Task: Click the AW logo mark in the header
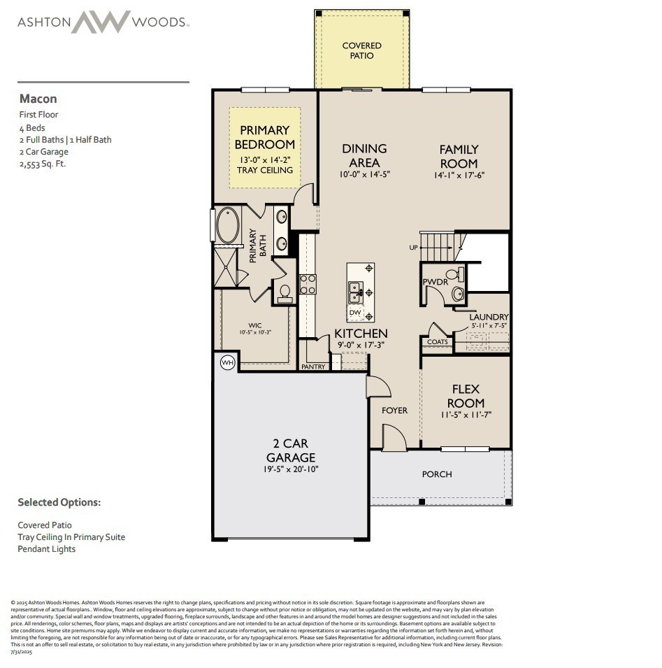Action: pyautogui.click(x=101, y=22)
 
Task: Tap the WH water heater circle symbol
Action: pyautogui.click(x=227, y=362)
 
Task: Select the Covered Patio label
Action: pyautogui.click(x=362, y=50)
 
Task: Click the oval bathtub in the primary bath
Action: pyautogui.click(x=228, y=225)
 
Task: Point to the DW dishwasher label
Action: pyautogui.click(x=355, y=313)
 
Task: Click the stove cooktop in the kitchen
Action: pyautogui.click(x=308, y=283)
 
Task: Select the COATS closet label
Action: pyautogui.click(x=437, y=342)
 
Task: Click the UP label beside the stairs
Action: pyautogui.click(x=414, y=248)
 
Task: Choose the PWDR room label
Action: pyautogui.click(x=435, y=282)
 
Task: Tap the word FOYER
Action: pyautogui.click(x=394, y=411)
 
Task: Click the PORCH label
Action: pyautogui.click(x=437, y=474)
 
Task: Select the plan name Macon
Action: pyautogui.click(x=38, y=99)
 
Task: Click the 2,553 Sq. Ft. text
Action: pyautogui.click(x=48, y=164)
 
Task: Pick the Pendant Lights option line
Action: pyautogui.click(x=46, y=549)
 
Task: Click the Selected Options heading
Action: pyautogui.click(x=59, y=502)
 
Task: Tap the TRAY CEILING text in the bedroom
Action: pyautogui.click(x=265, y=170)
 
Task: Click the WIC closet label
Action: pyautogui.click(x=254, y=325)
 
